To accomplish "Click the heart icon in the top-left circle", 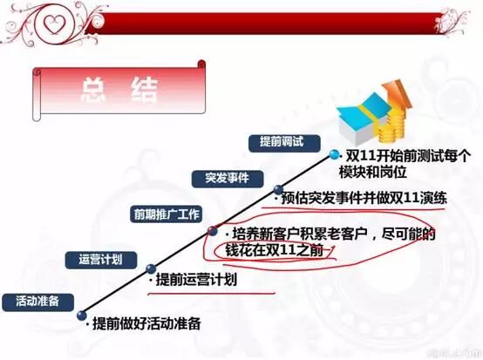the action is click(x=53, y=24).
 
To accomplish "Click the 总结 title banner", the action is click(x=119, y=90).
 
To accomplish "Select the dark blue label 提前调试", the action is click(x=284, y=143).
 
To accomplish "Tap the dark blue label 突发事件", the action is click(x=228, y=179).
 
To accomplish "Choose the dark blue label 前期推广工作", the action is click(x=166, y=214).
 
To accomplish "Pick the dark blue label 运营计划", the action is click(x=101, y=260).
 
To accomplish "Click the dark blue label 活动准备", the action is click(x=37, y=302).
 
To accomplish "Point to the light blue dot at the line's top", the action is click(x=333, y=154).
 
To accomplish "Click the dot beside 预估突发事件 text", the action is click(x=278, y=190).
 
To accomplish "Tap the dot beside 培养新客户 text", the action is click(x=212, y=231).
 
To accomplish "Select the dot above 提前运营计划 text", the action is click(x=151, y=268).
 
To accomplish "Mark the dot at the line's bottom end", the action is click(x=82, y=316).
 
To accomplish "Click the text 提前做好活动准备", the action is click(x=146, y=323).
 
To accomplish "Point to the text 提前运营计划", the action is click(x=196, y=280).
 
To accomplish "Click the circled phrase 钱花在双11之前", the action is click(x=274, y=250).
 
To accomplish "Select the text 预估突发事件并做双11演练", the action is click(x=364, y=199).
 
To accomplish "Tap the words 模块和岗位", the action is click(x=373, y=172).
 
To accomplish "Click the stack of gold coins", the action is click(x=391, y=126).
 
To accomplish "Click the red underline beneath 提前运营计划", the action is click(x=211, y=294).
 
